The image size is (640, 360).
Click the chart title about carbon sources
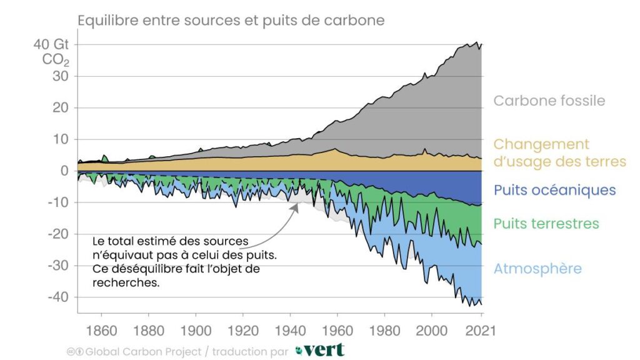tap(231, 21)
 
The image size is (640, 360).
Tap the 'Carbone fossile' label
tap(549, 101)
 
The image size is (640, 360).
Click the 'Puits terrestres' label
tap(546, 223)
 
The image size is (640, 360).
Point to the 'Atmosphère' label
tap(537, 269)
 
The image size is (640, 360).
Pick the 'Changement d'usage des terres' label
tap(559, 153)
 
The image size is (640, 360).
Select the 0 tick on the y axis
tap(64, 171)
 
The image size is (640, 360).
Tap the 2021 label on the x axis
tap(479, 329)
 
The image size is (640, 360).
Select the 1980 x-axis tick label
tap(384, 329)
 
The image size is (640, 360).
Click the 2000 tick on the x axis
tap(431, 329)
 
